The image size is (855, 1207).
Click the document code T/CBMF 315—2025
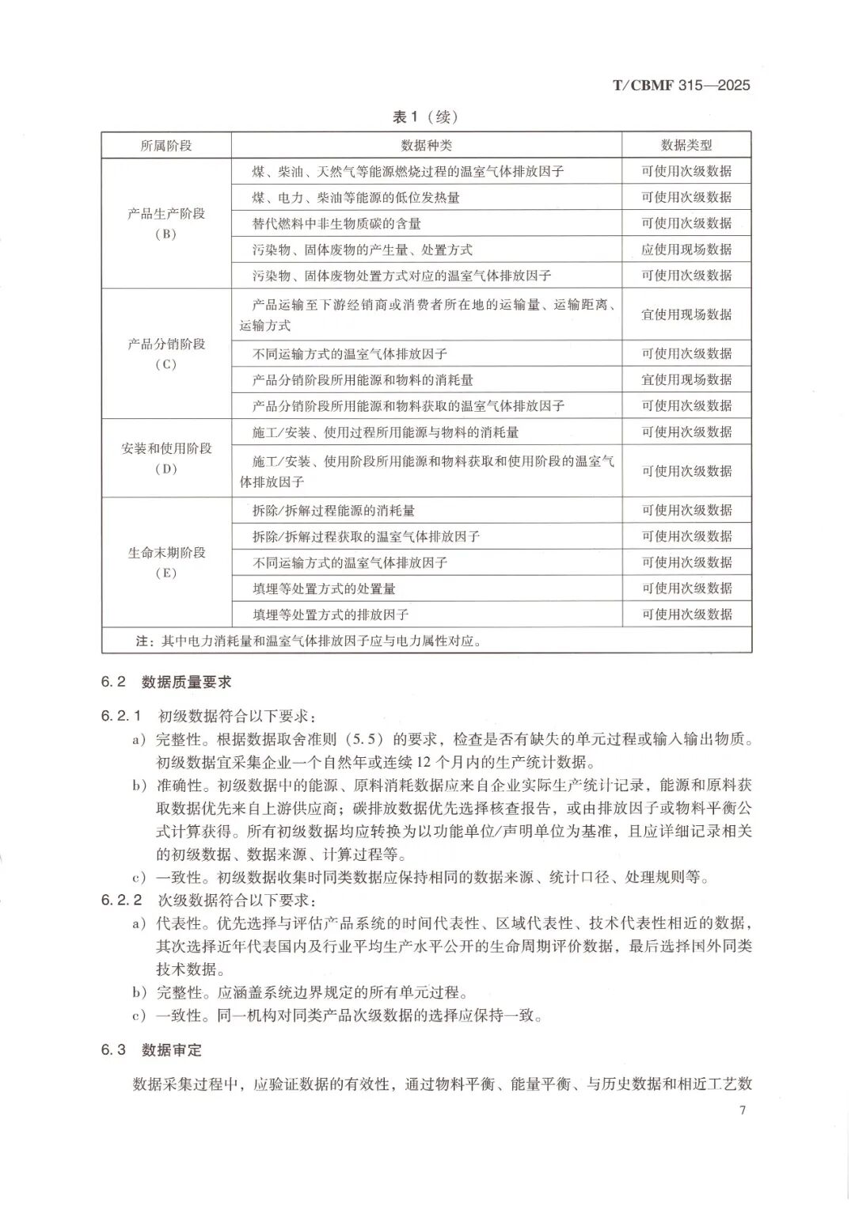pos(681,86)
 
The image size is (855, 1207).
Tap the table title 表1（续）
pos(425,117)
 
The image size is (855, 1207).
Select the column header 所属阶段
pos(166,146)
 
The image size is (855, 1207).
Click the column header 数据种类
pos(426,146)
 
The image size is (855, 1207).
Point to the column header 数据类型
pos(686,146)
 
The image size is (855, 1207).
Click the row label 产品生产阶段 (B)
pos(166,223)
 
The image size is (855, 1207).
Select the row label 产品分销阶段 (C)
pos(166,354)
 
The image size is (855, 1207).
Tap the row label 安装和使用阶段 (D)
pos(166,458)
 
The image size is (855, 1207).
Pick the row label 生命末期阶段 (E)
pos(166,562)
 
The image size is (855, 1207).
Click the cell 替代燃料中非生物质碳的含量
pos(336,223)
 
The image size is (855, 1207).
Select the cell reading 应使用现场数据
pos(686,249)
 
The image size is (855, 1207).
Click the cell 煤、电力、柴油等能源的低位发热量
pos(355,197)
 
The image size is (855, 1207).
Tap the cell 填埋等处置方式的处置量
pos(324,588)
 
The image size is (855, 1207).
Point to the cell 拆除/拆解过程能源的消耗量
pos(333,511)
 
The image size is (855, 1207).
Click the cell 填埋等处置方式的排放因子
pos(330,615)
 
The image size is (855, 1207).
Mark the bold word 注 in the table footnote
pos(142,641)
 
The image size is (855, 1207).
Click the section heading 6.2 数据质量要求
pos(166,683)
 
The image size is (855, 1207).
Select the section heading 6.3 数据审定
pos(151,1050)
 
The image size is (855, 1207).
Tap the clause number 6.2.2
pos(121,900)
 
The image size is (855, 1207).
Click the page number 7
pos(742,1110)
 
